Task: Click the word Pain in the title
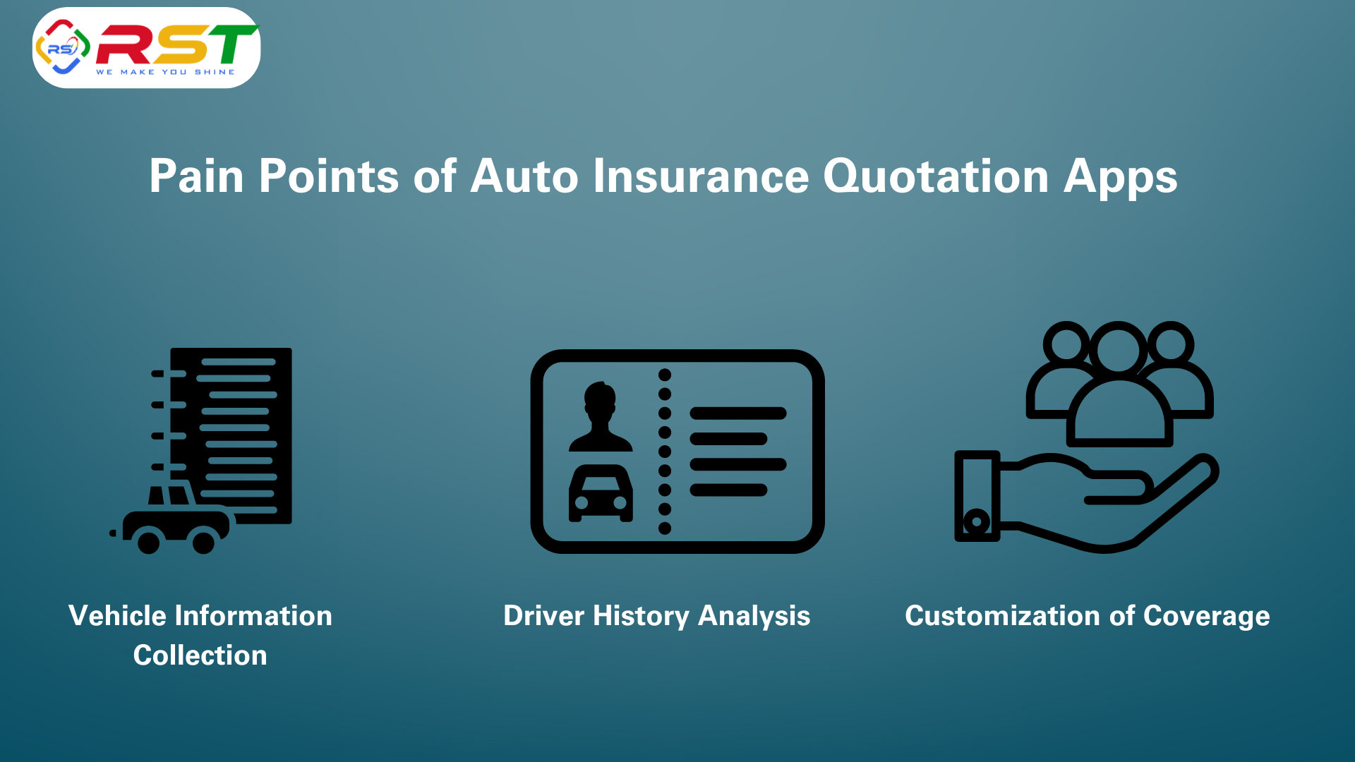tap(196, 176)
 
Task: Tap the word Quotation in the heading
tap(936, 176)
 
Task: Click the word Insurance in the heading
tap(701, 176)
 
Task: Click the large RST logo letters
tap(177, 44)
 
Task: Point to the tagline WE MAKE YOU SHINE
tap(165, 72)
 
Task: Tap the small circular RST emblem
tap(62, 47)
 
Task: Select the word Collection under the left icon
tap(200, 655)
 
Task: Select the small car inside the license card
tap(601, 493)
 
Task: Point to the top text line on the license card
tap(738, 413)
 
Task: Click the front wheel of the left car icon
tap(204, 542)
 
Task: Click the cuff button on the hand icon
tap(977, 523)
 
